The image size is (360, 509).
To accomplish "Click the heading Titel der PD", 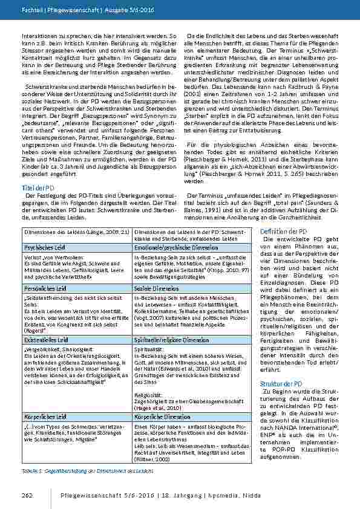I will [37, 188].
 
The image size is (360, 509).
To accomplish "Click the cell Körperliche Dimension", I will [148, 417].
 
